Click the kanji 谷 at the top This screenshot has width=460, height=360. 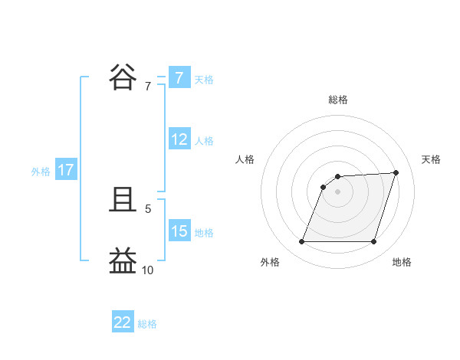click(x=124, y=77)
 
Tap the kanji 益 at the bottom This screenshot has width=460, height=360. click(x=124, y=260)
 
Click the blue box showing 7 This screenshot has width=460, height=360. click(x=179, y=77)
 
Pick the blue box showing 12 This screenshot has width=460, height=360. click(x=179, y=139)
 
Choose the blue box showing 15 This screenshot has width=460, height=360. click(x=179, y=231)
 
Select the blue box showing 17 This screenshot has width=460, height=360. click(x=66, y=170)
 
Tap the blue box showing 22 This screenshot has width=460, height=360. click(x=123, y=322)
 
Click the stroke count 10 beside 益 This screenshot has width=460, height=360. click(x=147, y=270)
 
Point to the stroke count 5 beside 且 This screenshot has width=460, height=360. click(x=148, y=208)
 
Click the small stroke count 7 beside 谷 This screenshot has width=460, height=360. click(x=148, y=87)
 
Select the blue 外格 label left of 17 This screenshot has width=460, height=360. click(x=41, y=172)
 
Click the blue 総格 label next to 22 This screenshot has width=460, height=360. click(x=147, y=324)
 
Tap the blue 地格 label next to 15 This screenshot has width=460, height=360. click(x=204, y=233)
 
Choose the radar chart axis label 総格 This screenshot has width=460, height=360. click(x=338, y=100)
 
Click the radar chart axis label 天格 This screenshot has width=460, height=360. click(x=432, y=159)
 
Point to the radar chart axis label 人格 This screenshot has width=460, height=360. click(x=245, y=159)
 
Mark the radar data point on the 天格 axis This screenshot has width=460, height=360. click(x=396, y=172)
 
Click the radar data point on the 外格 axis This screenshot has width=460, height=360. click(x=301, y=242)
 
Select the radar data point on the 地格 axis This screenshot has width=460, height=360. click(x=374, y=242)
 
